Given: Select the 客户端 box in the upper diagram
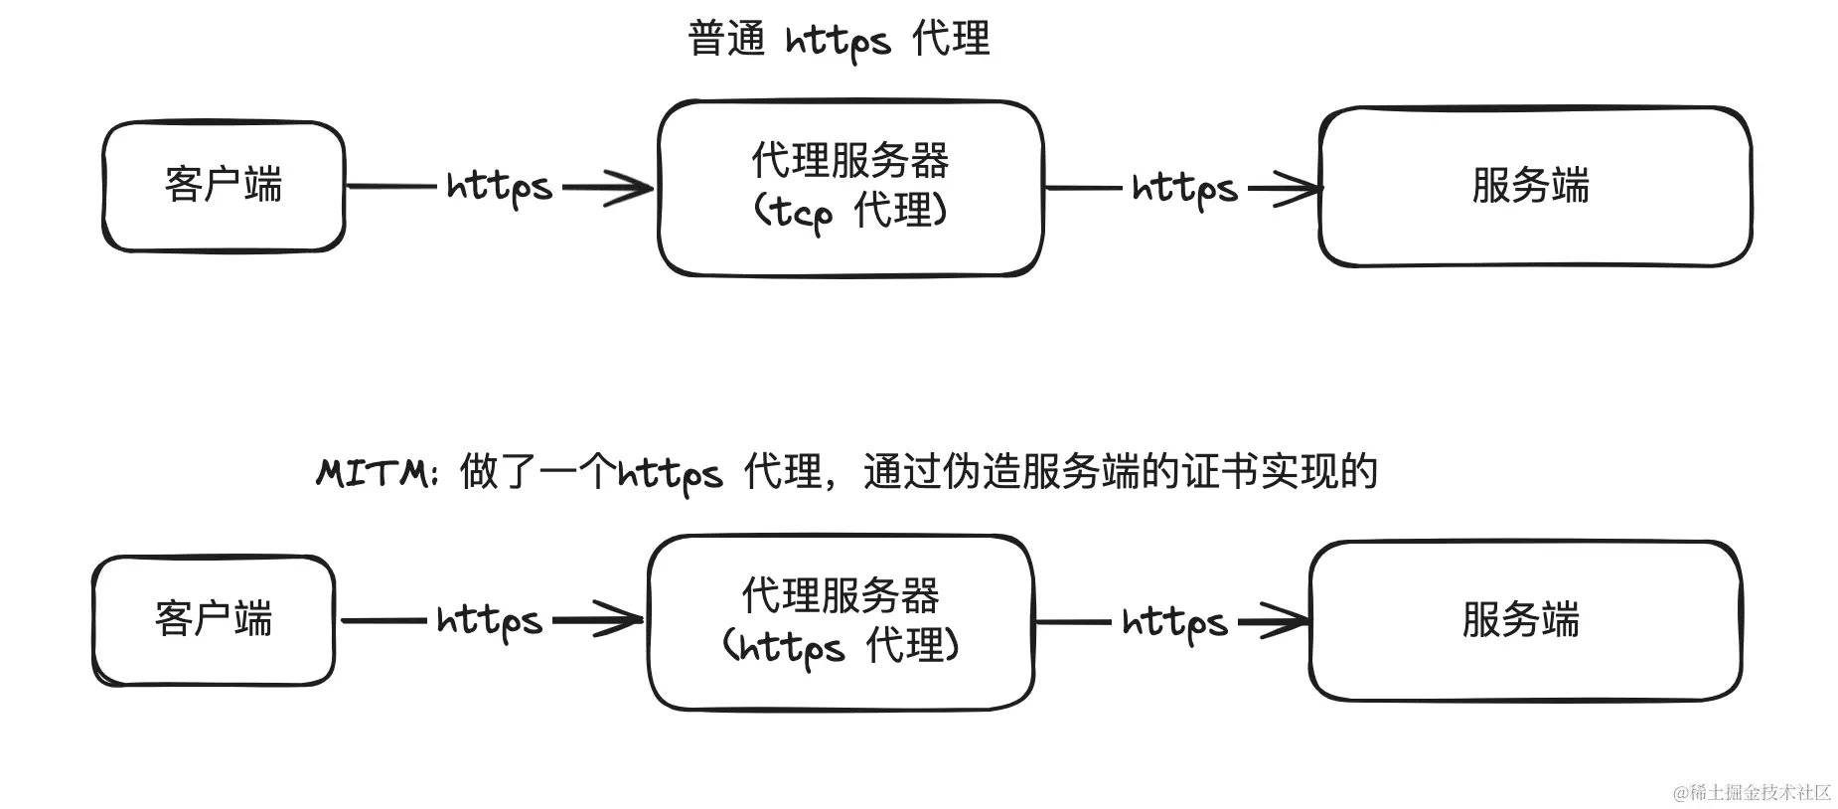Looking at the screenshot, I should pyautogui.click(x=224, y=186).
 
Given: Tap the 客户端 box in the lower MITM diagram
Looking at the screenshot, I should pyautogui.click(x=214, y=619).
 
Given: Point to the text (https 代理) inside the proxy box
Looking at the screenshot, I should pyautogui.click(x=841, y=647).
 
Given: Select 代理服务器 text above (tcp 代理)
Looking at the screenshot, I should pyautogui.click(x=849, y=160).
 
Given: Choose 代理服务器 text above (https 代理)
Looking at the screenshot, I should pyautogui.click(x=841, y=595).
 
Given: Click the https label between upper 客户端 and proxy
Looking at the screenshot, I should pyautogui.click(x=499, y=187).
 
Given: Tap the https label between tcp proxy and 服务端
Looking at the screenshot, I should pyautogui.click(x=1184, y=188).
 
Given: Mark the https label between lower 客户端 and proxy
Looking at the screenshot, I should pyautogui.click(x=489, y=621).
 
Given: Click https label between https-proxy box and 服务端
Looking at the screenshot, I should pyautogui.click(x=1174, y=623).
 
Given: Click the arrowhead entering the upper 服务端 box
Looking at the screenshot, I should pyautogui.click(x=1300, y=188).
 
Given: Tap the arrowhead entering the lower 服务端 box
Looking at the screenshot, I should pyautogui.click(x=1290, y=622).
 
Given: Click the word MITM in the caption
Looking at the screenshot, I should pyautogui.click(x=372, y=473).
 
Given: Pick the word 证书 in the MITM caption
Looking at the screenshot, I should pyautogui.click(x=1219, y=471).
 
